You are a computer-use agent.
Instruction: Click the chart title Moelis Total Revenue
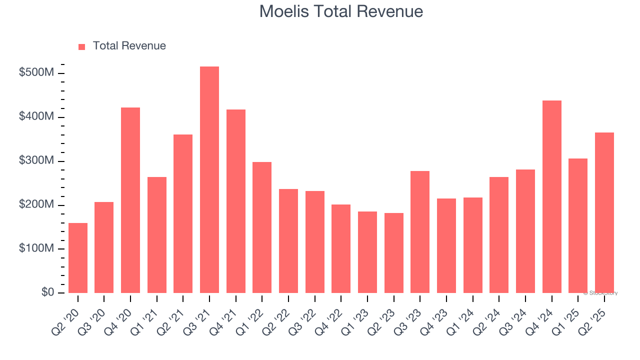tap(341, 11)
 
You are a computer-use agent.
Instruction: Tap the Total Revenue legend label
tap(129, 46)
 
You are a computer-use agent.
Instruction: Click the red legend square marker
tap(82, 47)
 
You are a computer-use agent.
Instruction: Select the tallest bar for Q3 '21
tap(209, 180)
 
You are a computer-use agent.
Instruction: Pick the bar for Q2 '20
tap(78, 258)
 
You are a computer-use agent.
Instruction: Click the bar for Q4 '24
tap(552, 197)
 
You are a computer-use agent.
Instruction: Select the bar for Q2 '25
tap(604, 213)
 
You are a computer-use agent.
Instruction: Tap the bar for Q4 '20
tap(130, 200)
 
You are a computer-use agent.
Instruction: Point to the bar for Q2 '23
tap(394, 253)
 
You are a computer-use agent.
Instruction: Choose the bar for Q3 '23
tap(420, 232)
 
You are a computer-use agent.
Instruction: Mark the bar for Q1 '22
tap(262, 227)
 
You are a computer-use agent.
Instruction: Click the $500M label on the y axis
tap(36, 73)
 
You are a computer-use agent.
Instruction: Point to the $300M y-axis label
tap(36, 161)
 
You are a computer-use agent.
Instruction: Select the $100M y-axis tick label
tap(36, 248)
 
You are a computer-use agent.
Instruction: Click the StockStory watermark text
tap(600, 293)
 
